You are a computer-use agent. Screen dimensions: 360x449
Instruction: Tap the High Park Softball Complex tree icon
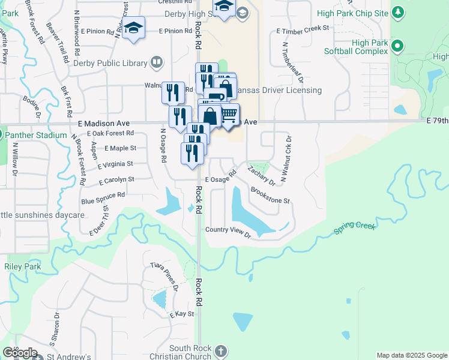pyautogui.click(x=397, y=45)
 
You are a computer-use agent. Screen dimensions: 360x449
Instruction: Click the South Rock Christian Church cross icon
pyautogui.click(x=220, y=351)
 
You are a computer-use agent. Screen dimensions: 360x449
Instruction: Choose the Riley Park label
pyautogui.click(x=22, y=266)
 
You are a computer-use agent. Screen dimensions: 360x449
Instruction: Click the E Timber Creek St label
pyautogui.click(x=303, y=28)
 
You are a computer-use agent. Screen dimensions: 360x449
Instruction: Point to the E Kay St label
pyautogui.click(x=182, y=314)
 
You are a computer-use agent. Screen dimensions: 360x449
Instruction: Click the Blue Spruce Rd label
pyautogui.click(x=103, y=195)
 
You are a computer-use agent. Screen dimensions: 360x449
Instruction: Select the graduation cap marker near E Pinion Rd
pyautogui.click(x=133, y=28)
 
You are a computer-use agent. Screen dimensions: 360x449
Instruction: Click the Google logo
pyautogui.click(x=19, y=352)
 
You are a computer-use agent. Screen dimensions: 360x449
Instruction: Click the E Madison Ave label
pyautogui.click(x=104, y=122)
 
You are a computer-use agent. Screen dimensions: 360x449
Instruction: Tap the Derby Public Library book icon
pyautogui.click(x=156, y=62)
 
